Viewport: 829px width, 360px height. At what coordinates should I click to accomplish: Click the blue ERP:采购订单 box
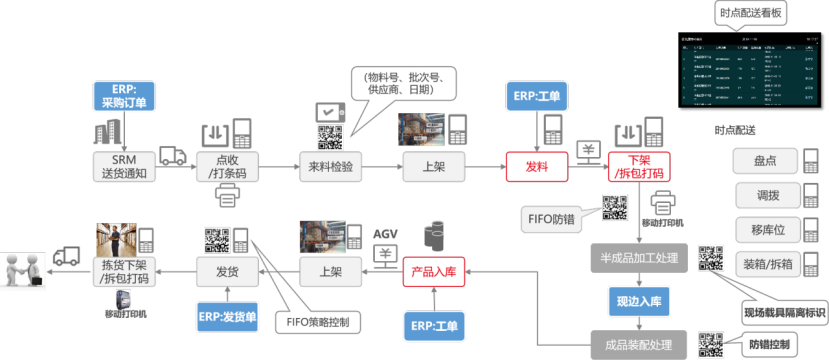[x=121, y=96]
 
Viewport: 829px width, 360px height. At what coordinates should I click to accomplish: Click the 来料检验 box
[x=330, y=167]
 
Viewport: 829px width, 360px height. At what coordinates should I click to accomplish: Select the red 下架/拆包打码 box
[x=639, y=167]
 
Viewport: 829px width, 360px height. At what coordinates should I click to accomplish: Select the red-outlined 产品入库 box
[x=434, y=271]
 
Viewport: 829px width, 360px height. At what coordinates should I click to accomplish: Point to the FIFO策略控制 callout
[x=322, y=322]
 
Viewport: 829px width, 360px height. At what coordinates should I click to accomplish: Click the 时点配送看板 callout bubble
[x=750, y=13]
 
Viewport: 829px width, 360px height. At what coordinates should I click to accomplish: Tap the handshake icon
[x=25, y=270]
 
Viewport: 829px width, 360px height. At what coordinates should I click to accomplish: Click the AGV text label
[x=385, y=234]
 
